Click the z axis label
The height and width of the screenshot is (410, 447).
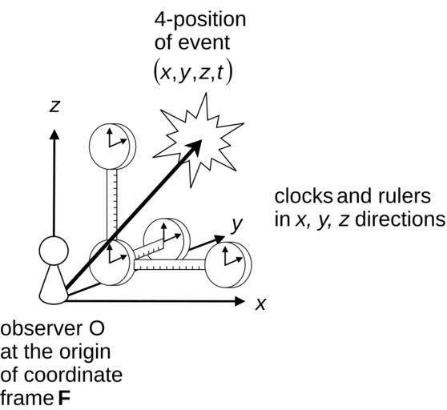(x=54, y=107)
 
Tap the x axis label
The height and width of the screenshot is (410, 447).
(x=260, y=304)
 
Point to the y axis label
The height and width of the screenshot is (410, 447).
(x=236, y=225)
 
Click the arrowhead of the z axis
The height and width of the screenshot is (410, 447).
(x=54, y=135)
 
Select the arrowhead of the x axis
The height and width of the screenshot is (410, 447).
(x=240, y=301)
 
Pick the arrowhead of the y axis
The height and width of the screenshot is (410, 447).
(x=219, y=239)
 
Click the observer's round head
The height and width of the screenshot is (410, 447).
(x=54, y=251)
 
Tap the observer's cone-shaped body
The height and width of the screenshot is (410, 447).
(x=54, y=285)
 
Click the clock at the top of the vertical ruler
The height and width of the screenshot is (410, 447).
(x=112, y=147)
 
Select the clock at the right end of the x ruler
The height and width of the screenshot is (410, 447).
(x=228, y=264)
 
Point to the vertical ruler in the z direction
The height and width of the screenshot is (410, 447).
(x=112, y=204)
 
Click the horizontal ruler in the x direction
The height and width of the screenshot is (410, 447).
(x=170, y=265)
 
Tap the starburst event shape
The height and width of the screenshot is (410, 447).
(x=199, y=140)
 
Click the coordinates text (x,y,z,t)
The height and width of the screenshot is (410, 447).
(x=193, y=73)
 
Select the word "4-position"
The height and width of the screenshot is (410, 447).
(x=200, y=21)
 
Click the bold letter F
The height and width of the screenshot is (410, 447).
(x=64, y=398)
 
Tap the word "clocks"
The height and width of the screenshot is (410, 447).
(x=304, y=196)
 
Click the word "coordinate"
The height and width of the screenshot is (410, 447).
(x=73, y=375)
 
